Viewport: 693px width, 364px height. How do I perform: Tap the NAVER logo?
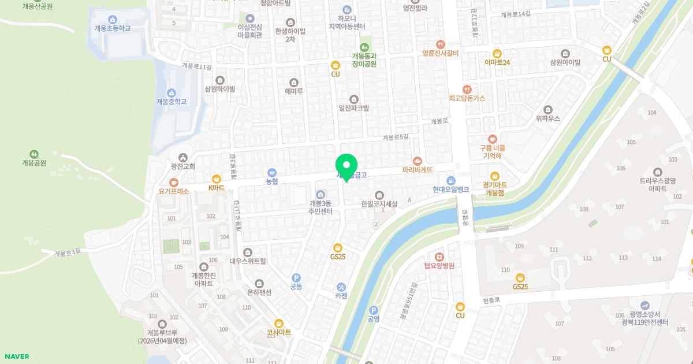[16, 356]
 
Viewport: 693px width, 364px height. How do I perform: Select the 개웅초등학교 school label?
[113, 28]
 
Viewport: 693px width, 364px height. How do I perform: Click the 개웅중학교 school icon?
[172, 92]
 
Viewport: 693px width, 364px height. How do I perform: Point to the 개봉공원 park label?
[34, 163]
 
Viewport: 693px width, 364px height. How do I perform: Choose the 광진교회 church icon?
[183, 157]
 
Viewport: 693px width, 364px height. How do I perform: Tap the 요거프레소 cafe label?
[174, 191]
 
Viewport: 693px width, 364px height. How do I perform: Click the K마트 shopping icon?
[217, 179]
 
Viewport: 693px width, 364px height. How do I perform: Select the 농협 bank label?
[272, 181]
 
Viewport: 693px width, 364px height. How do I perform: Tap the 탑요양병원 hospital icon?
[439, 257]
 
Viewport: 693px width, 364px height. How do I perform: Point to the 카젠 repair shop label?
[341, 296]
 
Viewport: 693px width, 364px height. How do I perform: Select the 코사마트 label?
[279, 333]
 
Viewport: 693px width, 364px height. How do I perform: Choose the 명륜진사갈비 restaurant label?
[440, 53]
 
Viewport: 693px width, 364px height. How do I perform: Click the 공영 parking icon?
[373, 310]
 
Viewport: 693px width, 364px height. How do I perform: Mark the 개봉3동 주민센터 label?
[321, 207]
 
